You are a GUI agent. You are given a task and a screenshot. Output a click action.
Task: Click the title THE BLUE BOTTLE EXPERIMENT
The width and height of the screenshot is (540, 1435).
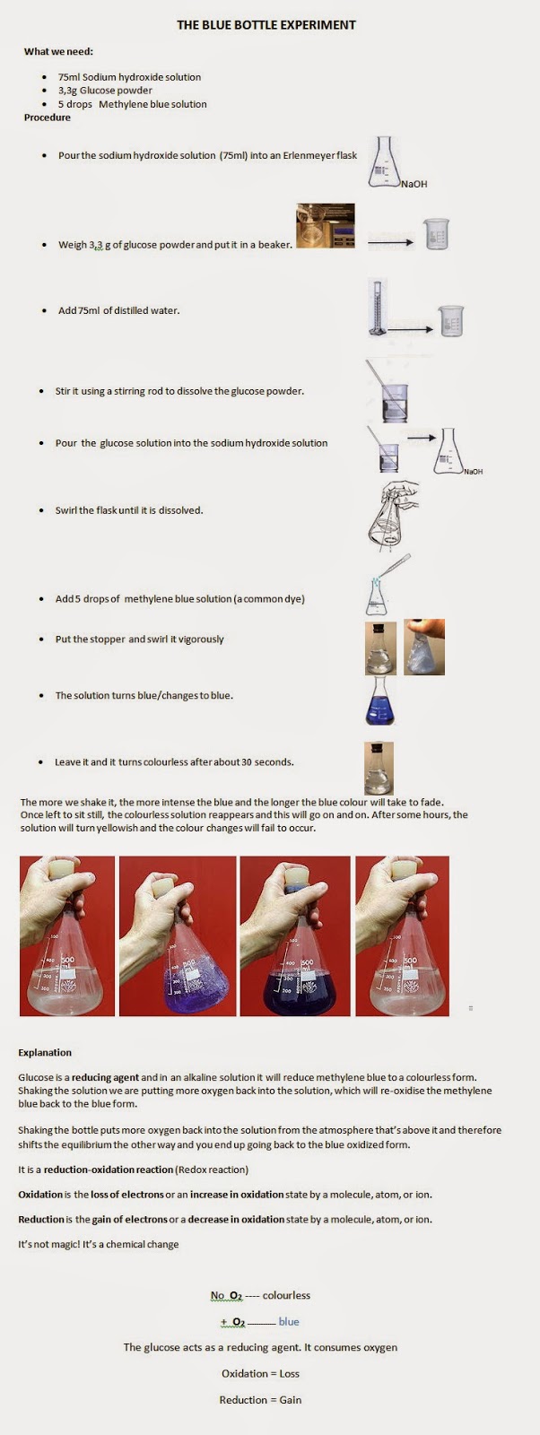pyautogui.click(x=266, y=25)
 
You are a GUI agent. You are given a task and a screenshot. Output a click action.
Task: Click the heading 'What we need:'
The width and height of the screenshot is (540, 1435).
pyautogui.click(x=58, y=51)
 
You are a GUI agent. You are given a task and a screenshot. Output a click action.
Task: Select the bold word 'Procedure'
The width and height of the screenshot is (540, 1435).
pyautogui.click(x=48, y=117)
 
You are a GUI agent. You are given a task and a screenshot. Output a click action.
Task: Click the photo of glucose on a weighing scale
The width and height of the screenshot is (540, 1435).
pyautogui.click(x=325, y=225)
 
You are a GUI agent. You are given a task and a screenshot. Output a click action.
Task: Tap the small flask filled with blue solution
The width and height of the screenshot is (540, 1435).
pyautogui.click(x=380, y=701)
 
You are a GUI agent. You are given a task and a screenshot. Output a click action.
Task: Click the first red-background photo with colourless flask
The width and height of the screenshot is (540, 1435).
pyautogui.click(x=67, y=935)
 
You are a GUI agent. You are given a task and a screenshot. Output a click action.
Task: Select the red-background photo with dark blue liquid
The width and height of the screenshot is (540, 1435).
pyautogui.click(x=295, y=935)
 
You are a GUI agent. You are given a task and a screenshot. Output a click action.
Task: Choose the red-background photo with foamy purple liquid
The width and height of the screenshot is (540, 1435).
pyautogui.click(x=178, y=935)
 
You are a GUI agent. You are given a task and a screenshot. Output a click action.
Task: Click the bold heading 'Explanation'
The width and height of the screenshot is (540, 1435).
pyautogui.click(x=45, y=1052)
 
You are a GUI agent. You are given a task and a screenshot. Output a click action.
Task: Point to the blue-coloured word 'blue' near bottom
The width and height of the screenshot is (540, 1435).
pyautogui.click(x=289, y=1321)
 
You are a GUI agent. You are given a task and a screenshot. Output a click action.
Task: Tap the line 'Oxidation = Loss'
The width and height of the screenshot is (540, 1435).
pyautogui.click(x=260, y=1373)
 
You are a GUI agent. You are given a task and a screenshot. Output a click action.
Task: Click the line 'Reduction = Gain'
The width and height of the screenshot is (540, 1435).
pyautogui.click(x=260, y=1399)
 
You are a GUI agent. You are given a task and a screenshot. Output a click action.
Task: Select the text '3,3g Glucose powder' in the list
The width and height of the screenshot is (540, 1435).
pyautogui.click(x=105, y=91)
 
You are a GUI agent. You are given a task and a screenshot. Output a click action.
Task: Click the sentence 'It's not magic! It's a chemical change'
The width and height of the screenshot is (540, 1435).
pyautogui.click(x=99, y=1244)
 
